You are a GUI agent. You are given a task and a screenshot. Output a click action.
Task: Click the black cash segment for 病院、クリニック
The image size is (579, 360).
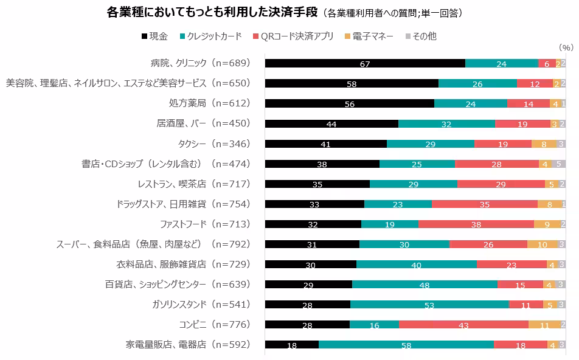365,63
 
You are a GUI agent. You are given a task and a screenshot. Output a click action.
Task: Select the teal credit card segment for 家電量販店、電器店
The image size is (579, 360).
406,345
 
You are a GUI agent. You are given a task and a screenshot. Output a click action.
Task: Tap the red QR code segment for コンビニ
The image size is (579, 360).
463,325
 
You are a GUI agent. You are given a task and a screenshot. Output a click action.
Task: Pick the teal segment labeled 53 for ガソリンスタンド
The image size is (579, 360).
429,305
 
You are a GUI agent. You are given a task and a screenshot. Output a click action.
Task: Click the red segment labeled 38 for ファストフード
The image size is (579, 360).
476,224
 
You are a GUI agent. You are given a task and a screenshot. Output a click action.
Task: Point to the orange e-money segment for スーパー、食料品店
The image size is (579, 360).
542,244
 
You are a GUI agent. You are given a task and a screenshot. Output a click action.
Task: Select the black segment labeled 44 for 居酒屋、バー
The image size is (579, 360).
331,123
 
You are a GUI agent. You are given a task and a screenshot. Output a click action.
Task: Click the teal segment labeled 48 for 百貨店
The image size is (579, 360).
425,285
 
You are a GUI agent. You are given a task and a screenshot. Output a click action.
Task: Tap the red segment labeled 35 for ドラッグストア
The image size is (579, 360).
484,204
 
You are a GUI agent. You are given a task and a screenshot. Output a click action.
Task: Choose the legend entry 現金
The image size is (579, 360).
156,36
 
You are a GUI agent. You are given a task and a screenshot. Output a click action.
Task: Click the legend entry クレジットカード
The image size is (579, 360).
210,36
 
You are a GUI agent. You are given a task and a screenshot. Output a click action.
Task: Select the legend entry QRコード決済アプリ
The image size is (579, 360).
293,36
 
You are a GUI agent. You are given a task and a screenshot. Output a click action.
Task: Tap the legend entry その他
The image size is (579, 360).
420,36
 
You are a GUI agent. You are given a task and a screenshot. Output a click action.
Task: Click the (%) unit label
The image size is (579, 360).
565,47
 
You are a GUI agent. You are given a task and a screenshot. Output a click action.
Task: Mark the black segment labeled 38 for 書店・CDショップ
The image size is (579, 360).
322,164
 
